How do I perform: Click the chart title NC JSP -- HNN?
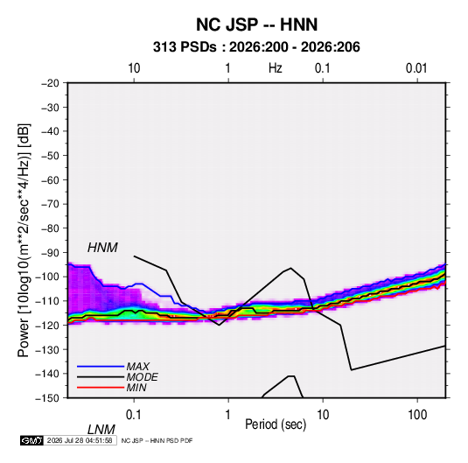tap(256, 25)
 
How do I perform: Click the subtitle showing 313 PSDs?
tap(256, 47)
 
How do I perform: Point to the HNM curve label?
tap(102, 248)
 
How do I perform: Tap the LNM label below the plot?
tap(101, 430)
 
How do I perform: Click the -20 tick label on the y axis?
tap(50, 83)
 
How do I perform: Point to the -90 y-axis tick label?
tap(50, 252)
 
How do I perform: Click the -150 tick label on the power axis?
tap(47, 398)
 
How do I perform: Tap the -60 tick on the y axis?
tap(50, 179)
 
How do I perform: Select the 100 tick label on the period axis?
tap(416, 415)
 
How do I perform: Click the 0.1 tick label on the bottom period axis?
tap(134, 415)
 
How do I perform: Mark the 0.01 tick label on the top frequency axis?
tap(416, 68)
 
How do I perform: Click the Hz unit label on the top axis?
tap(276, 68)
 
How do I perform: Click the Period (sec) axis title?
tap(276, 424)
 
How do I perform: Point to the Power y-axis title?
tap(24, 240)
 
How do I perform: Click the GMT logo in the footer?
tap(32, 440)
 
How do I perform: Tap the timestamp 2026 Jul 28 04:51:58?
tap(80, 440)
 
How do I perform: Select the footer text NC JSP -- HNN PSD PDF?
tap(157, 440)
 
